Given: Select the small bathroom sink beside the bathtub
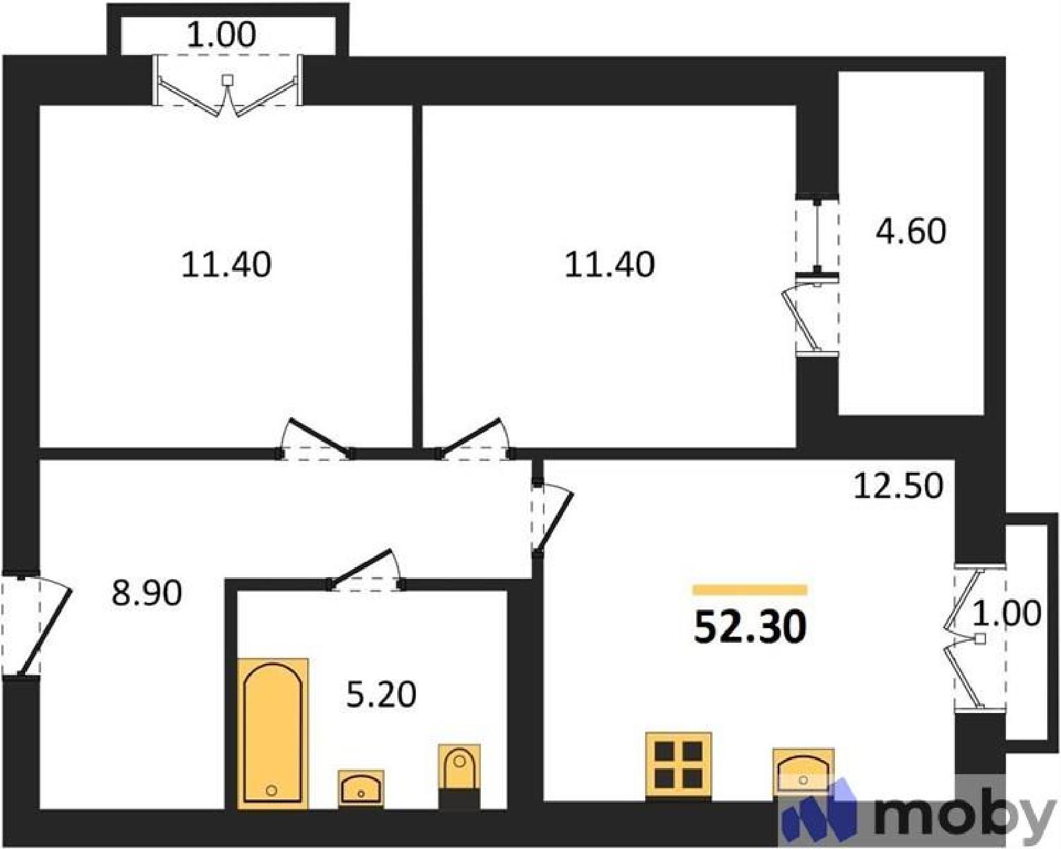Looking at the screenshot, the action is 361,790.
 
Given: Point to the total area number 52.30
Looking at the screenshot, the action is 751,627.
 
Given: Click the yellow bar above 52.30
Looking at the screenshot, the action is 750,590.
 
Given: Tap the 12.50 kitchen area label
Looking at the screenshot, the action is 899,486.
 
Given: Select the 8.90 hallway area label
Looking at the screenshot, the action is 147,593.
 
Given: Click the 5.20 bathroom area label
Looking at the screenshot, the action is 381,694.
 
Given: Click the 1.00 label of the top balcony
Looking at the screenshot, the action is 221,34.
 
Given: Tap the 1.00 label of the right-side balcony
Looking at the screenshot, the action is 1006,613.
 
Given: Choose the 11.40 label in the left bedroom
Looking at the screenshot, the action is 226,265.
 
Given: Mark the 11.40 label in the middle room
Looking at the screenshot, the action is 609,265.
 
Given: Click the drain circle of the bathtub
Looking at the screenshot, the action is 271,791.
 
